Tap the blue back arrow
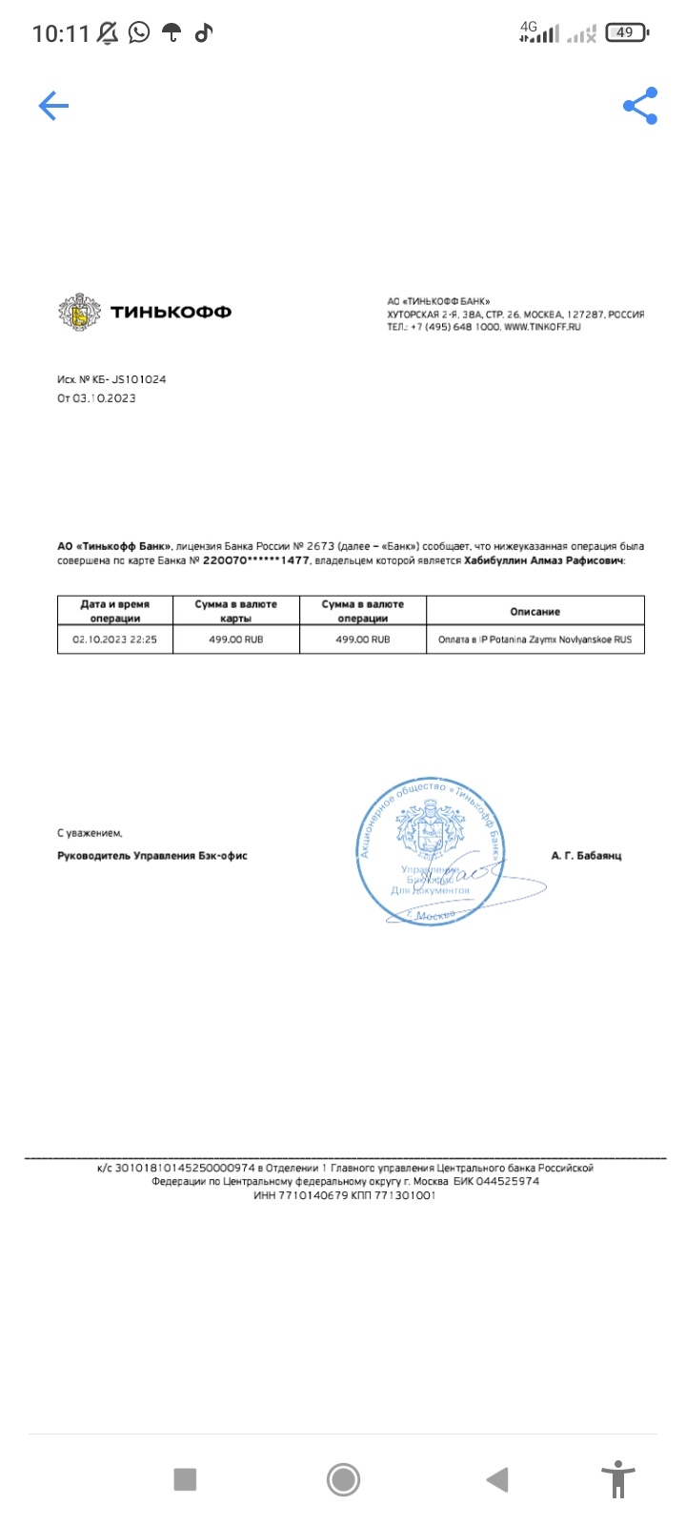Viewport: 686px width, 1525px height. (x=53, y=106)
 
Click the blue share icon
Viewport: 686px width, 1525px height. (x=640, y=106)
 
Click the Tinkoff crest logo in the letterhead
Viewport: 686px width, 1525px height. (x=79, y=312)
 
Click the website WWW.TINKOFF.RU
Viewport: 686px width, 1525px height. (x=542, y=327)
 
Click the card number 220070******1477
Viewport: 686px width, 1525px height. (x=256, y=561)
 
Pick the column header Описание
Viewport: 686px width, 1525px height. (x=535, y=611)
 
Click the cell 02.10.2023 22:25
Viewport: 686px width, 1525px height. (x=114, y=640)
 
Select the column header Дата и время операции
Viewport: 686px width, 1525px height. (x=114, y=611)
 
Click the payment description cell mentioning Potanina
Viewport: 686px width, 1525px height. (x=535, y=640)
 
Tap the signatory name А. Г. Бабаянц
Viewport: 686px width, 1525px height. (x=586, y=856)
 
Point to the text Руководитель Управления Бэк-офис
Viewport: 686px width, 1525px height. (x=152, y=856)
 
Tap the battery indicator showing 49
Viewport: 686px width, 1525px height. (x=626, y=33)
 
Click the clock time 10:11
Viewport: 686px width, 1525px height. (x=60, y=34)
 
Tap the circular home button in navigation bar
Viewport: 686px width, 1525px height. (x=343, y=1479)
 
